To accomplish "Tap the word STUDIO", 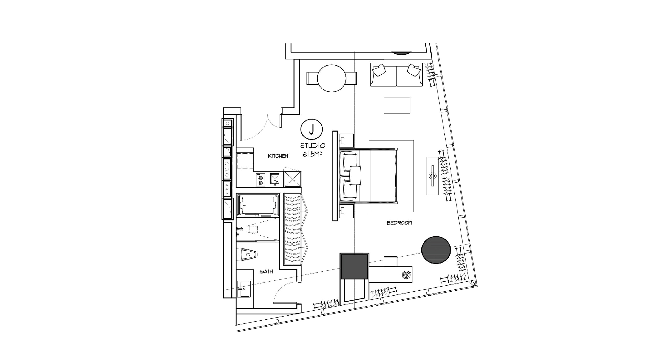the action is pos(313,146).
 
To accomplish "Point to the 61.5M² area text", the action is pos(312,154).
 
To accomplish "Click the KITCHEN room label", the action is pos(278,156).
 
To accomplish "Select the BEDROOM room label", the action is pos(399,223).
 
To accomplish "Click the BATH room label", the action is pos(266,272).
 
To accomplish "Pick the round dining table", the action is pos(331,78).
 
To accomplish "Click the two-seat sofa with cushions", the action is pos(396,75).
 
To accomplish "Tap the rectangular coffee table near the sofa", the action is pos(397,105).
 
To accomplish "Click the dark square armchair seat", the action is pos(354,266).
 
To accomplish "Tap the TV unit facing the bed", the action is pos(433,176).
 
